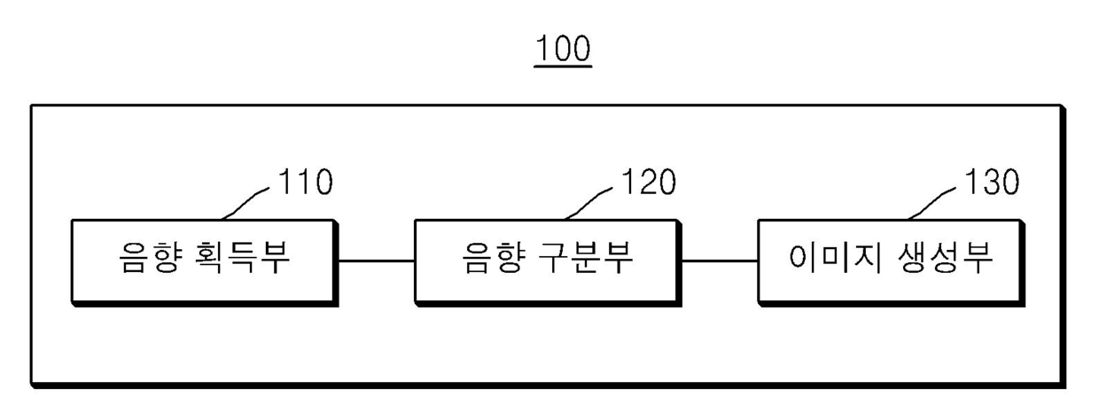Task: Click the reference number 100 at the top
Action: pyautogui.click(x=563, y=50)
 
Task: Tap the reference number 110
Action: pyautogui.click(x=306, y=182)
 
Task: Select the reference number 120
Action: pyautogui.click(x=648, y=182)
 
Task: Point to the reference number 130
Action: pyautogui.click(x=991, y=182)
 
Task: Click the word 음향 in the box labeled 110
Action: pyautogui.click(x=149, y=261)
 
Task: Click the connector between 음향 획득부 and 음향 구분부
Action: pyautogui.click(x=377, y=261)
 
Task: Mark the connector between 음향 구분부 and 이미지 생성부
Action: pyautogui.click(x=720, y=261)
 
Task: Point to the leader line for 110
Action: pyautogui.click(x=248, y=202)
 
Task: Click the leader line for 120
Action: pyautogui.click(x=590, y=202)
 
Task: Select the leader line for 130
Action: pyautogui.click(x=933, y=202)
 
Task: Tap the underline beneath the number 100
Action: pyautogui.click(x=563, y=66)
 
